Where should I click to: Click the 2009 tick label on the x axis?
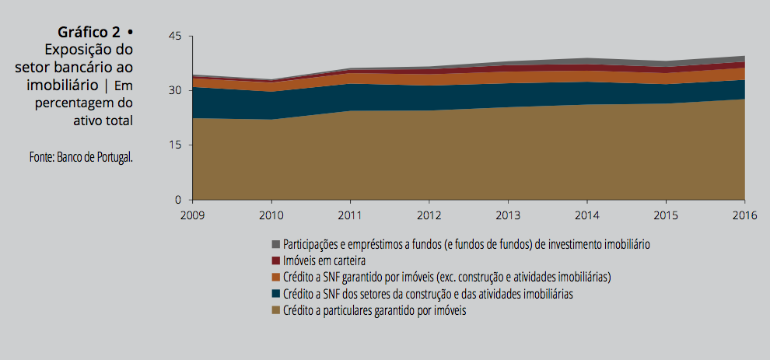coord(193,215)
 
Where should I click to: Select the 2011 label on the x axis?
coord(350,215)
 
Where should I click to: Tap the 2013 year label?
coord(508,215)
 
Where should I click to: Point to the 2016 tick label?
coord(744,215)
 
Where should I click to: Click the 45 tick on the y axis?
coord(174,37)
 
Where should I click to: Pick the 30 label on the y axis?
coord(174,91)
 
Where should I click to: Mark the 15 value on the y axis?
coord(174,145)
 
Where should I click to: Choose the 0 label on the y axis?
coord(178,200)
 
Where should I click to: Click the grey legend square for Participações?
coord(275,244)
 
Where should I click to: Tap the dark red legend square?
coord(275,260)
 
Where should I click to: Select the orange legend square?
coord(275,278)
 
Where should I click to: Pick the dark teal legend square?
coord(275,294)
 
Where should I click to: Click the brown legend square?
coord(275,311)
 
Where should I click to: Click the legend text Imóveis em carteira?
coord(324,260)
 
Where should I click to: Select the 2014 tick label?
coord(586,215)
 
